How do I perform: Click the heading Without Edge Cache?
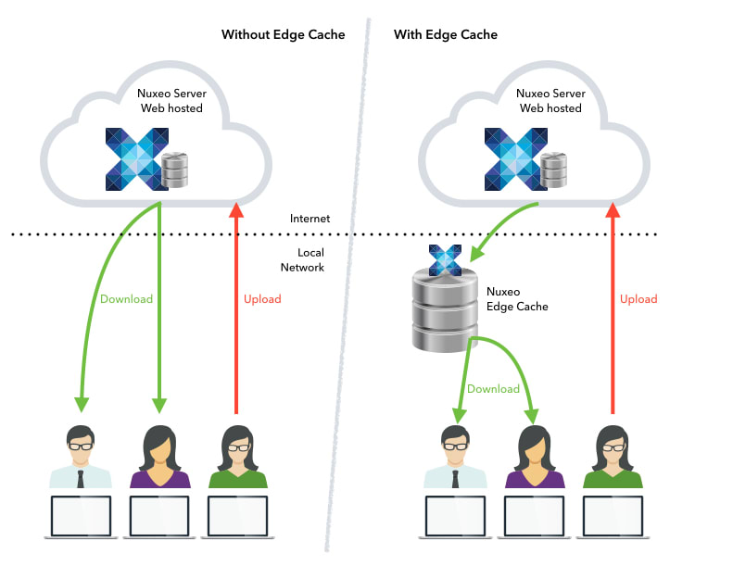[283, 35]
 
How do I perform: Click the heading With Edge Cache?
[446, 35]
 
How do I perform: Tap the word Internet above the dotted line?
[310, 220]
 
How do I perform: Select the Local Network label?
[303, 259]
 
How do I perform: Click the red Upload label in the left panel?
[262, 299]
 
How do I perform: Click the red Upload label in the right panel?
[638, 299]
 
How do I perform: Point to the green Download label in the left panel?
[126, 299]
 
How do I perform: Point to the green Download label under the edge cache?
[493, 389]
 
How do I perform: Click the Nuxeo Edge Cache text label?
[517, 298]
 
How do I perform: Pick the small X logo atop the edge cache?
[445, 259]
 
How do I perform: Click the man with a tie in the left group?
[80, 458]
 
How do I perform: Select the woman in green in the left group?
[237, 458]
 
